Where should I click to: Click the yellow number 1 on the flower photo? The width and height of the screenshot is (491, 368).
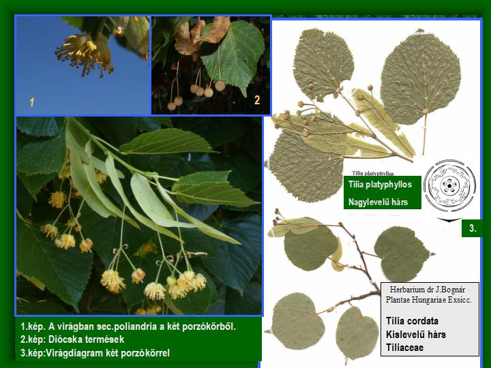(31, 102)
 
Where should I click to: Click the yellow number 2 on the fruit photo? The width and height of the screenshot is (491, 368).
(257, 100)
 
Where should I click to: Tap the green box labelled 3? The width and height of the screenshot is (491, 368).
(472, 228)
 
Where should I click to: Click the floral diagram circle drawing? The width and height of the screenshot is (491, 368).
(449, 185)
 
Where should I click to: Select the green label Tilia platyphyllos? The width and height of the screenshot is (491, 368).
(380, 184)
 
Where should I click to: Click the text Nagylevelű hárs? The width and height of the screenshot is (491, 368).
(378, 202)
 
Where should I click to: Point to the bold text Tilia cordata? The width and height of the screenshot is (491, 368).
(412, 321)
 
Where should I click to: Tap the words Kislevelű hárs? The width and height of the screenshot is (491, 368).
(415, 334)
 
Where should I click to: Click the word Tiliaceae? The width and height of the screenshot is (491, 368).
(404, 348)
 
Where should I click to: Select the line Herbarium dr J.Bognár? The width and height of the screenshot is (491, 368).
(428, 290)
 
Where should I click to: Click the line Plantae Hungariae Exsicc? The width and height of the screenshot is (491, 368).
(428, 300)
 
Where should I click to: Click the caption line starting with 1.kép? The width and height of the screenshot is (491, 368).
(128, 326)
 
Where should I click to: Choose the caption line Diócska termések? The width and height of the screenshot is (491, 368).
(72, 339)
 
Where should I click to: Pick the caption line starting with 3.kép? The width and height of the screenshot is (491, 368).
(95, 353)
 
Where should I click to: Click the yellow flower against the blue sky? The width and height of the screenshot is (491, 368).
(84, 55)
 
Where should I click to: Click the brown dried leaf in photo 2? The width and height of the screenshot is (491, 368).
(200, 35)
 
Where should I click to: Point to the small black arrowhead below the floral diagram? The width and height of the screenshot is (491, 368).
(449, 219)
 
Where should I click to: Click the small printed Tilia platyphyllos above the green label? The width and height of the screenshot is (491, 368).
(372, 173)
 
